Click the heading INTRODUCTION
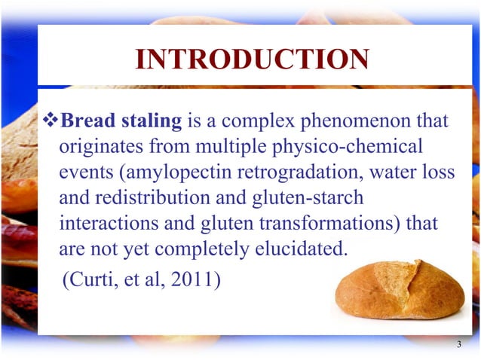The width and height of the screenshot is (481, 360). [x=251, y=59]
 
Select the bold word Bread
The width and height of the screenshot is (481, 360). [x=84, y=121]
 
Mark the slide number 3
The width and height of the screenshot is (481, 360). [x=458, y=345]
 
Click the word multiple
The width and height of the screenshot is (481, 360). [x=221, y=146]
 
